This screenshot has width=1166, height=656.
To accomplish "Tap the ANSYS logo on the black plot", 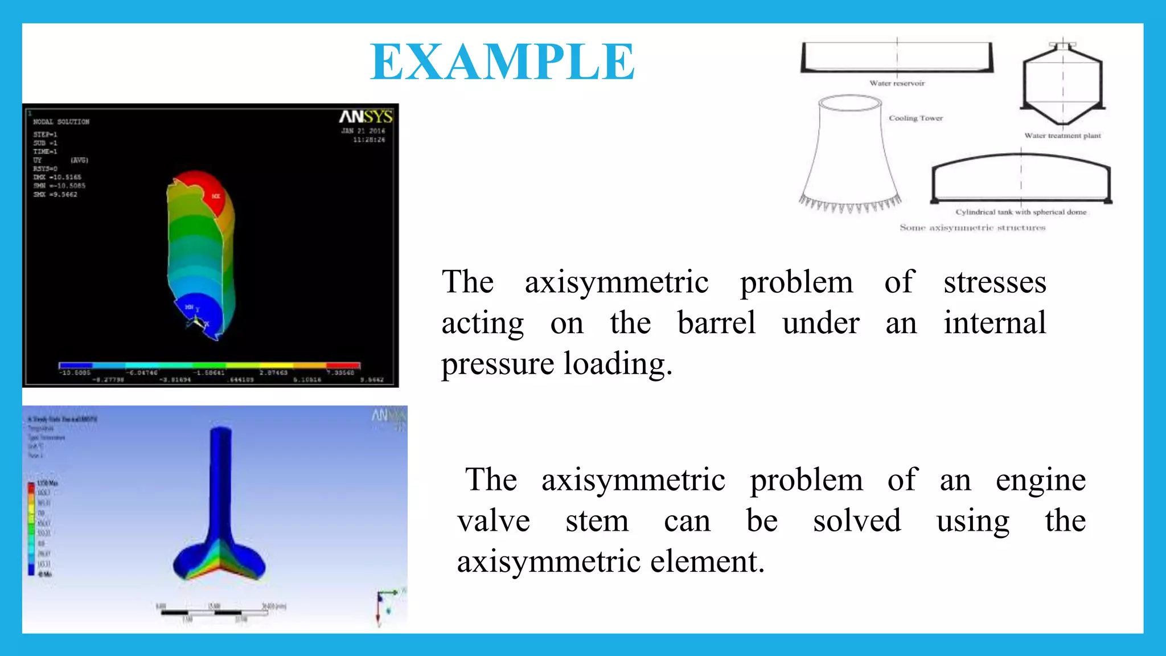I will pyautogui.click(x=366, y=117).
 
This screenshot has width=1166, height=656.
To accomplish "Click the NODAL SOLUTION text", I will pyautogui.click(x=61, y=122).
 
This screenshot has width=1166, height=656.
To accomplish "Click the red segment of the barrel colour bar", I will pyautogui.click(x=343, y=365).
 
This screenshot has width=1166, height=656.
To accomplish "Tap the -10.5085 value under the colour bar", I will pyautogui.click(x=75, y=373).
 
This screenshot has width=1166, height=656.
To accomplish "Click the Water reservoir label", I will pyautogui.click(x=897, y=83).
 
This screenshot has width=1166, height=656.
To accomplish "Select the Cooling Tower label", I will pyautogui.click(x=915, y=118).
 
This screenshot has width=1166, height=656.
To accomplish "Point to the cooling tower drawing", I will pyautogui.click(x=850, y=154).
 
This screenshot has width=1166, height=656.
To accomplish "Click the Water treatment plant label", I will pyautogui.click(x=1062, y=136).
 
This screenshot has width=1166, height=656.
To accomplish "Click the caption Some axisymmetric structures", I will pyautogui.click(x=972, y=228).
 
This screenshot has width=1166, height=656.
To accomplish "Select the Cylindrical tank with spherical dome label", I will pyautogui.click(x=1021, y=212).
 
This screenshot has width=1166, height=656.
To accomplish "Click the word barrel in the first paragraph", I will pyautogui.click(x=716, y=323).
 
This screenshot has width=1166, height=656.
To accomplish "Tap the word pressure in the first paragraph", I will pyautogui.click(x=497, y=364).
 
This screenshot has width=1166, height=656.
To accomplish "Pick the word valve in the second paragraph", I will pyautogui.click(x=494, y=520).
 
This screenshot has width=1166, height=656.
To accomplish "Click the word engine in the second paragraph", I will pyautogui.click(x=1040, y=479).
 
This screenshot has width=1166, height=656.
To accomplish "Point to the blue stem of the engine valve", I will pyautogui.click(x=220, y=484).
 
